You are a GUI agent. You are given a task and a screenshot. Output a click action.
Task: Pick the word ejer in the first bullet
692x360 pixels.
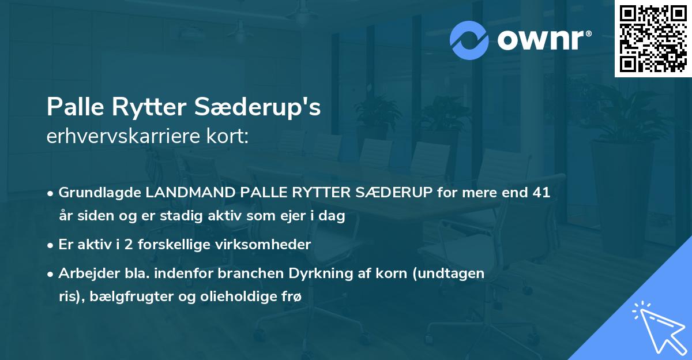294,217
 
